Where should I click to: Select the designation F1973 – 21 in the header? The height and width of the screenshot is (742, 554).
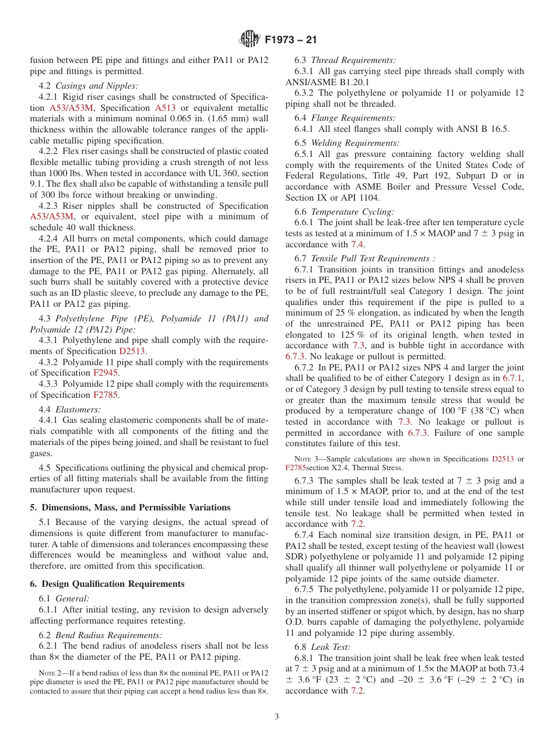[x=291, y=40]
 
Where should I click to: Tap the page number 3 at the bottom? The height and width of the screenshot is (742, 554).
[x=277, y=717]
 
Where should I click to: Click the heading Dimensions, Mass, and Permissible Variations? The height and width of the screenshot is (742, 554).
[x=130, y=507]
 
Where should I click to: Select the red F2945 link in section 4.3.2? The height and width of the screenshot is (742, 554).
[x=106, y=373]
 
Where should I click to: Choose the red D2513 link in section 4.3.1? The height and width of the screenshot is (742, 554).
[x=132, y=351]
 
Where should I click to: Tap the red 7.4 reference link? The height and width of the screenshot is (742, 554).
[x=357, y=244]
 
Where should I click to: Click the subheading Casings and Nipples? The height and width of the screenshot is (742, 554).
[x=97, y=86]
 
